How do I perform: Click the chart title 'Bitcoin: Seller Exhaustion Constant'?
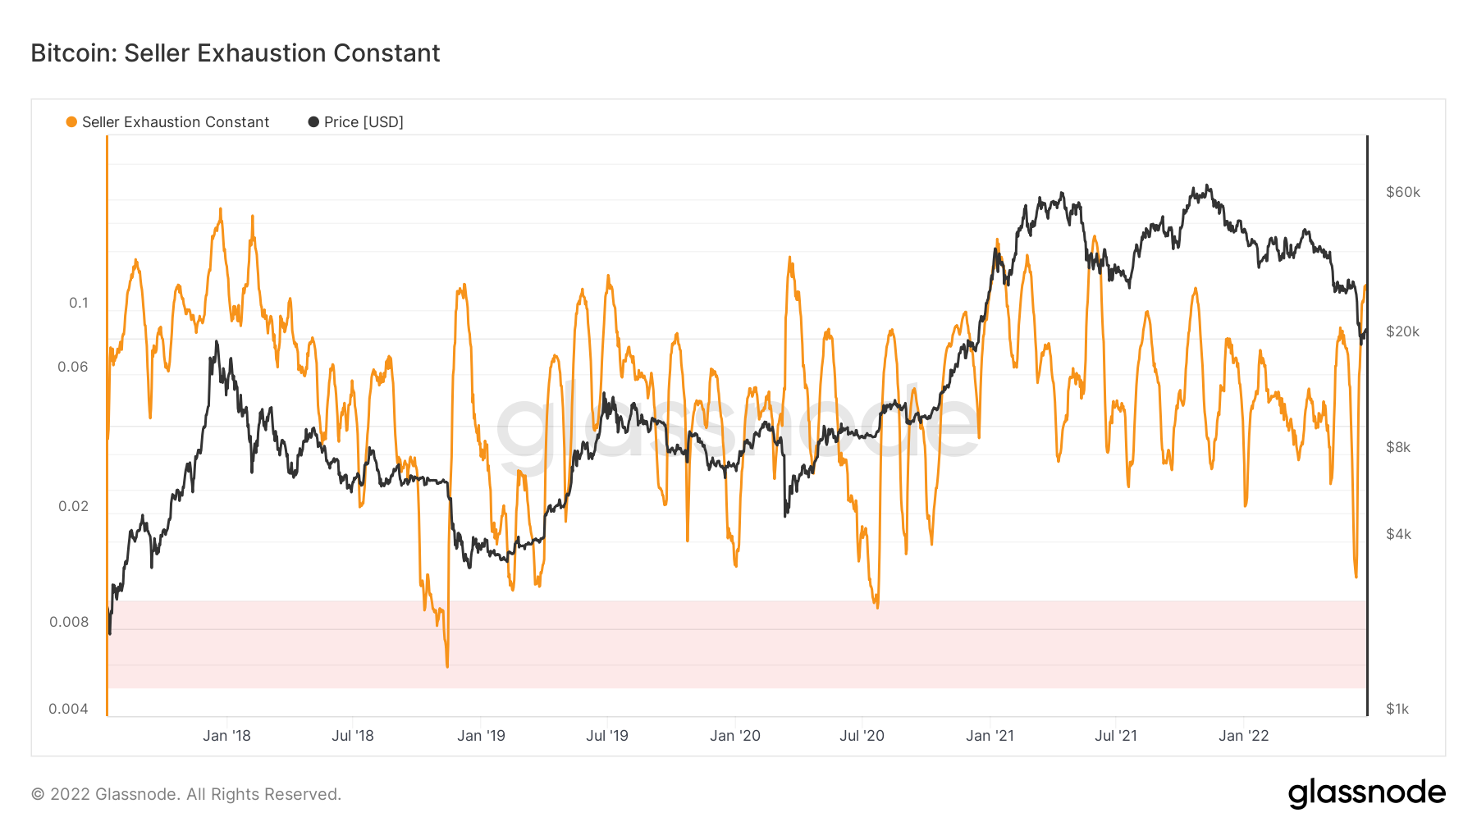click(x=235, y=53)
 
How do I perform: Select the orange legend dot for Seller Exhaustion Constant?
click(x=71, y=122)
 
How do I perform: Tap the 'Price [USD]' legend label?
click(x=364, y=122)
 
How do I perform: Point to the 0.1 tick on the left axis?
click(x=78, y=303)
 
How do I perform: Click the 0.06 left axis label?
click(x=72, y=367)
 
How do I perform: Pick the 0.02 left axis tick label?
click(x=73, y=506)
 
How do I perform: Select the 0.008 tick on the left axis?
click(x=69, y=622)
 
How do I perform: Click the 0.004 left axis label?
click(x=68, y=709)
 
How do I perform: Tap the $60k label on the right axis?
click(x=1402, y=192)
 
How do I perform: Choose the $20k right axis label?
click(x=1402, y=331)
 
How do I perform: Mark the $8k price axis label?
click(x=1398, y=447)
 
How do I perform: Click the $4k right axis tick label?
click(x=1398, y=534)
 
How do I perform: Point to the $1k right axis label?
click(x=1397, y=709)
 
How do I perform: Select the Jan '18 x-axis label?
click(x=226, y=736)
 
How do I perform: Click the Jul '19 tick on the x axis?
click(x=607, y=736)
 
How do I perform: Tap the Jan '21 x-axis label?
click(x=990, y=736)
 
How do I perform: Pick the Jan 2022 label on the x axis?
click(x=1244, y=736)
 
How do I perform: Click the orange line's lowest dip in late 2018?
click(x=447, y=665)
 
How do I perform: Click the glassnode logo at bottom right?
click(x=1366, y=793)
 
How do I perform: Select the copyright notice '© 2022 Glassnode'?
click(x=185, y=794)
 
